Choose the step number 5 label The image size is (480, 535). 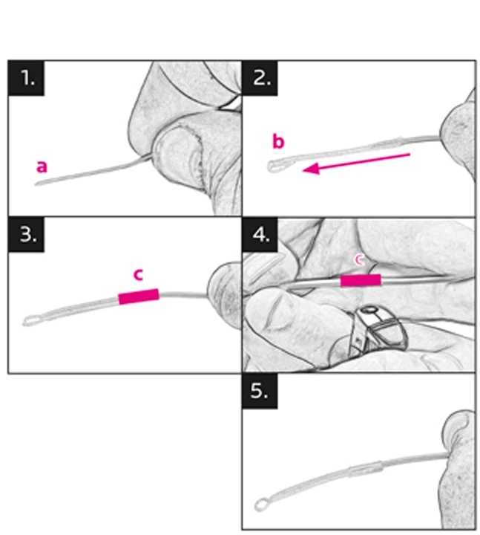pos(260,391)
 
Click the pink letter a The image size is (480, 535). pos(42,167)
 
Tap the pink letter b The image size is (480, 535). pos(278,141)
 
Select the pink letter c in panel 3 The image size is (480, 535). pos(138,275)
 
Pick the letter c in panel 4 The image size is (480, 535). pos(359,260)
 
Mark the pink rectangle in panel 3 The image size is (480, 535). pos(139,296)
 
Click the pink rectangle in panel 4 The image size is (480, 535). pos(361,280)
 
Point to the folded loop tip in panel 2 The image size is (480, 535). pos(272,166)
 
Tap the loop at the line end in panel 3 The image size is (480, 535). pos(29,321)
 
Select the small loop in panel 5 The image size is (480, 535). pos(261,505)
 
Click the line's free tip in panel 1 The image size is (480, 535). pos(36,184)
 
